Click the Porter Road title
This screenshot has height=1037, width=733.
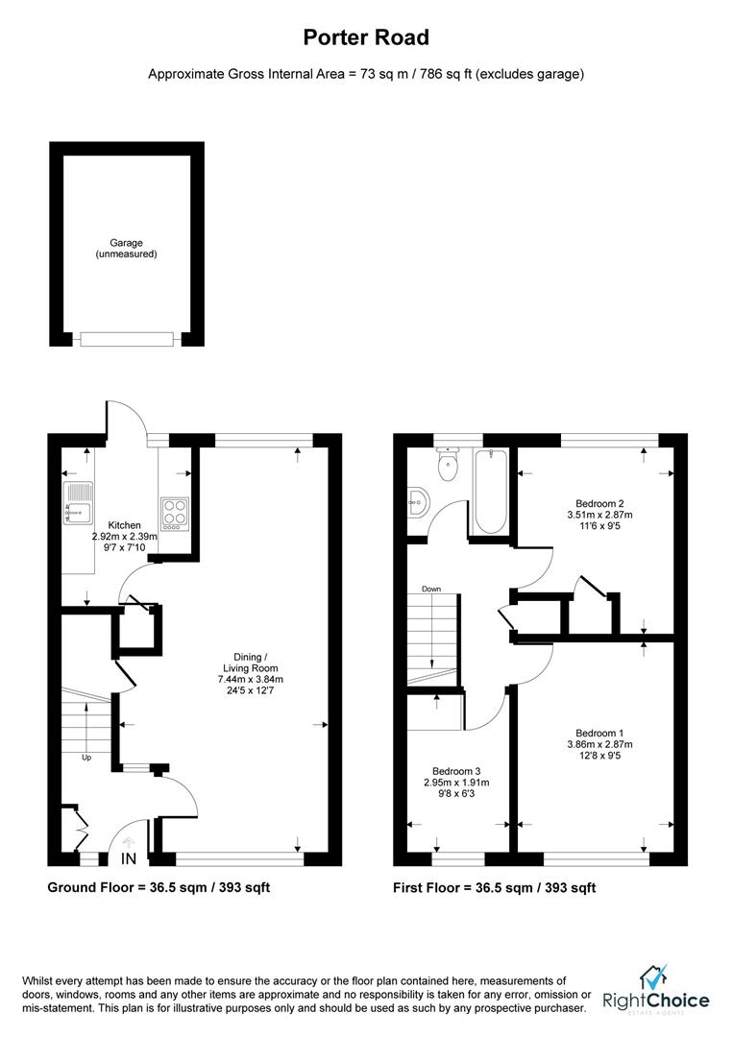pos(366,38)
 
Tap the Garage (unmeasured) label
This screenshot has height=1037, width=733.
pos(126,249)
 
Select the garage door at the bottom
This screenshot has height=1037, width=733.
pos(127,338)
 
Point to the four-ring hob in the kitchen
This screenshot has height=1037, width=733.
pos(175,512)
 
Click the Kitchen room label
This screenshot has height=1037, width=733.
pos(125,525)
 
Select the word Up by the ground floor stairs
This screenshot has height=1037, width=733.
pos(85,758)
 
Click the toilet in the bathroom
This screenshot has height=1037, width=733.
pos(448,469)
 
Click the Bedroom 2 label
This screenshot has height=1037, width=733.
pos(600,503)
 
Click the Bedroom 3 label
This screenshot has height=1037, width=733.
pos(456,771)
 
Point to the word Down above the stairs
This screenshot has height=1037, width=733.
pos(430,588)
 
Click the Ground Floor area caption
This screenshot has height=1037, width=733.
pos(159,887)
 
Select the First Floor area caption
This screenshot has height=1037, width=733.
pos(494,887)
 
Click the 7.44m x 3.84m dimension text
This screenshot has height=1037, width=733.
pos(251,679)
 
